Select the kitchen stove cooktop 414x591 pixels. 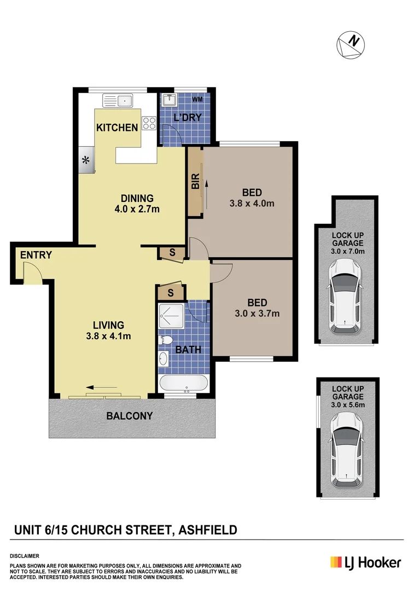pyautogui.click(x=148, y=124)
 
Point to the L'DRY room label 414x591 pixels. pyautogui.click(x=188, y=117)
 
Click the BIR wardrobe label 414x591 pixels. pyautogui.click(x=195, y=182)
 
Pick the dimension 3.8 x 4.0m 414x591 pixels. pyautogui.click(x=252, y=203)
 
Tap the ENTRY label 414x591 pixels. pyautogui.click(x=36, y=255)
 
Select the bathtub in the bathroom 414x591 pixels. pyautogui.click(x=183, y=383)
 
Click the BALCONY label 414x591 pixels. pyautogui.click(x=130, y=416)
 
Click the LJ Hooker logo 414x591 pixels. pyautogui.click(x=365, y=562)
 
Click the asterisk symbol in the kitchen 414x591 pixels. pyautogui.click(x=85, y=160)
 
